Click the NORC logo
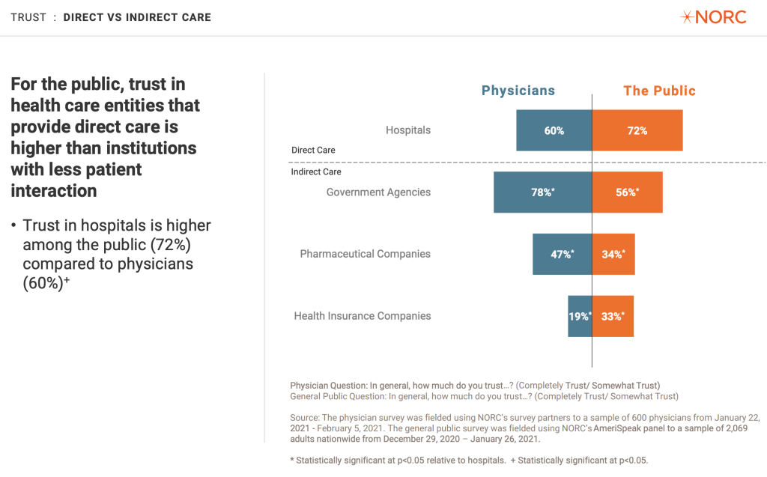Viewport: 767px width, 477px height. click(712, 17)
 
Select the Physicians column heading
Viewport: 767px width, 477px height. click(518, 91)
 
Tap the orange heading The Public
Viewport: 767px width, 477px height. click(659, 91)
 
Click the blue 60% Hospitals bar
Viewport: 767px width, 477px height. click(554, 130)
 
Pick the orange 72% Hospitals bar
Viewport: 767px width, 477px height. click(637, 130)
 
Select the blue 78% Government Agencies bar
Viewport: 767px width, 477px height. click(542, 192)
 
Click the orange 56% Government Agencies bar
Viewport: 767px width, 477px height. click(628, 192)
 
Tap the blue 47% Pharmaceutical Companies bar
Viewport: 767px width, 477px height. click(562, 254)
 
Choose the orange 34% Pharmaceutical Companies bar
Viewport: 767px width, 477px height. click(613, 254)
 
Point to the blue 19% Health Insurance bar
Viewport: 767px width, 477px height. click(580, 316)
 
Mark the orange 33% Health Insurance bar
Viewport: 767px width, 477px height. click(613, 316)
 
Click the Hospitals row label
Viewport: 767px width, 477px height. click(408, 130)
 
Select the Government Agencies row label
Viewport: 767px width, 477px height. click(378, 192)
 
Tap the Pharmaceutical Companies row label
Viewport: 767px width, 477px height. click(365, 254)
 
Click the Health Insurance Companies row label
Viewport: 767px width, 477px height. click(363, 316)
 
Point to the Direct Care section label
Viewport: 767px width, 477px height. click(313, 151)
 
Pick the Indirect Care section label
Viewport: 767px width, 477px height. click(316, 172)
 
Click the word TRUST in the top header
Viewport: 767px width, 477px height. click(28, 17)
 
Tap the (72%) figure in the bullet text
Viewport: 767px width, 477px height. click(169, 245)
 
